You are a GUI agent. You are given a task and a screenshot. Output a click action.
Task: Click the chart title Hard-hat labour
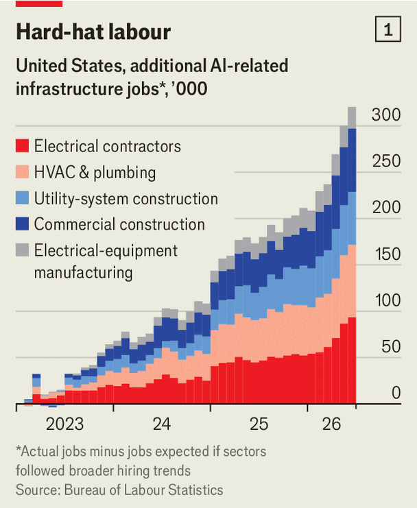point(93,32)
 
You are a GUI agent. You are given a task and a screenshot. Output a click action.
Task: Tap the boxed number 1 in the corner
point(388,29)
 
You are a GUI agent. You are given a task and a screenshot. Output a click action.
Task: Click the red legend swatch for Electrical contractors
point(22,146)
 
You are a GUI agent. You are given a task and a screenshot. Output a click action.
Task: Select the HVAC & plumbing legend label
point(95,172)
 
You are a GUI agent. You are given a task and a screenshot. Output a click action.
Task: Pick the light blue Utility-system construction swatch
point(22,197)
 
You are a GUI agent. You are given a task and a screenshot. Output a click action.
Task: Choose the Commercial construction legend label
point(119,224)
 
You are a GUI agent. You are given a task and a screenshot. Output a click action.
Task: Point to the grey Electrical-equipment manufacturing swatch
point(22,250)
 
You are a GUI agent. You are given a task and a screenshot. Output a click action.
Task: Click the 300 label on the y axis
point(386,114)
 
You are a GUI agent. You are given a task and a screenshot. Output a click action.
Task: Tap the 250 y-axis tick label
point(386,161)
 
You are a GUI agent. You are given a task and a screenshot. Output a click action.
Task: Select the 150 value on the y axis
point(388,254)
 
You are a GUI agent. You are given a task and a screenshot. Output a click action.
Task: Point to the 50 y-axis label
point(391,347)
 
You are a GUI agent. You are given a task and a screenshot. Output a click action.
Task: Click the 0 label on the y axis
point(396,393)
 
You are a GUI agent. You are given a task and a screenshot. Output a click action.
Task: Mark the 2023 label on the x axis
point(64,424)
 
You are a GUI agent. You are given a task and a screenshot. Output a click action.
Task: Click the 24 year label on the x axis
point(162,424)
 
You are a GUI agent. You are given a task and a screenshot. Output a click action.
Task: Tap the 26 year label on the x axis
point(331,424)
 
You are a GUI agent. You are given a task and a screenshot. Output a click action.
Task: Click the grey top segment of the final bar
point(352,118)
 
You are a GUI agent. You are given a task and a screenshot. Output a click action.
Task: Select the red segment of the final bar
point(352,361)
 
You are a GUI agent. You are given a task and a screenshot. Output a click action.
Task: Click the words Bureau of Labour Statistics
point(143,490)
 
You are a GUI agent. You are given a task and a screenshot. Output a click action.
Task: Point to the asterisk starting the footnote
point(18,448)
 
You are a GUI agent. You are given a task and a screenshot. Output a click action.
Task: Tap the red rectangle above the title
point(39,3)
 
